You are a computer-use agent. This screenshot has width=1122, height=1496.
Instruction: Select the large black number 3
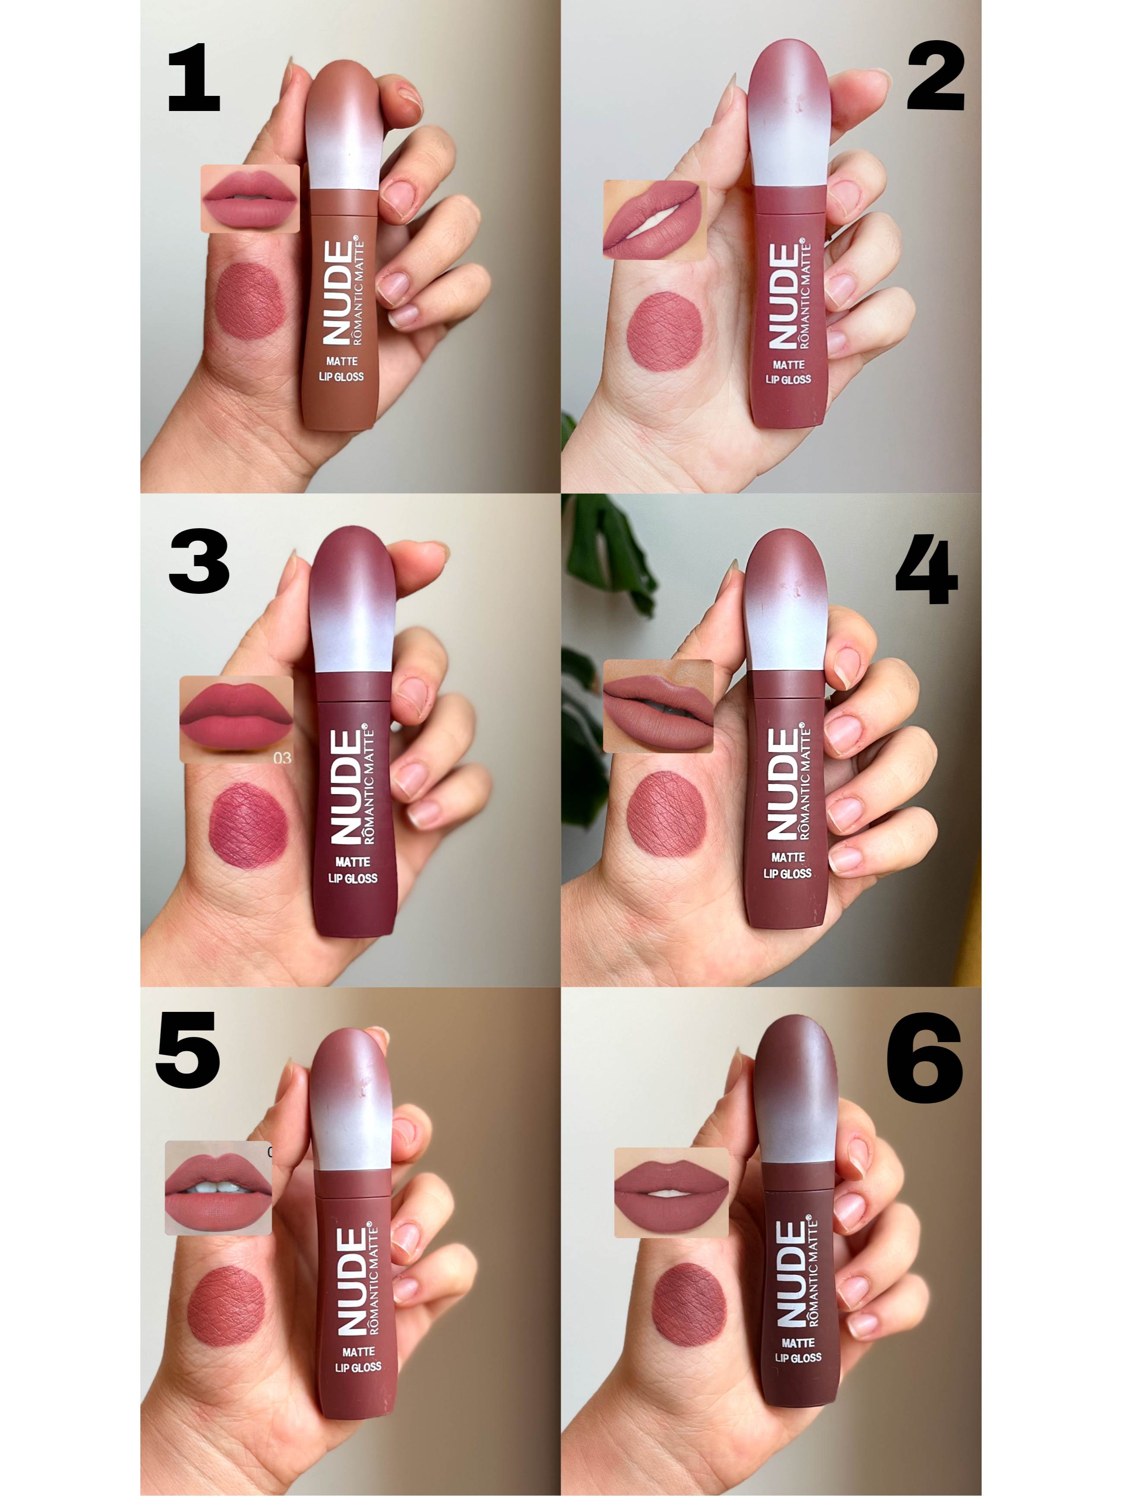[x=199, y=561]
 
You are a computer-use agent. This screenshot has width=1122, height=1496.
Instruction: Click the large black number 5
[x=187, y=1050]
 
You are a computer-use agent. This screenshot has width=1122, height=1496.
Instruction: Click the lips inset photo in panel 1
[x=250, y=198]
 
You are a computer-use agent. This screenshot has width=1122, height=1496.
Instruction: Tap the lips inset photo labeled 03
[x=237, y=719]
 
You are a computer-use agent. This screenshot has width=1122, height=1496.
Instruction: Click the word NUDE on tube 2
[x=783, y=296]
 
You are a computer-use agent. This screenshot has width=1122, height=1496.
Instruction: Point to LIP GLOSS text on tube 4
[x=787, y=873]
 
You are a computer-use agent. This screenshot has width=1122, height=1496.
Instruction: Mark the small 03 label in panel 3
[x=282, y=758]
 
